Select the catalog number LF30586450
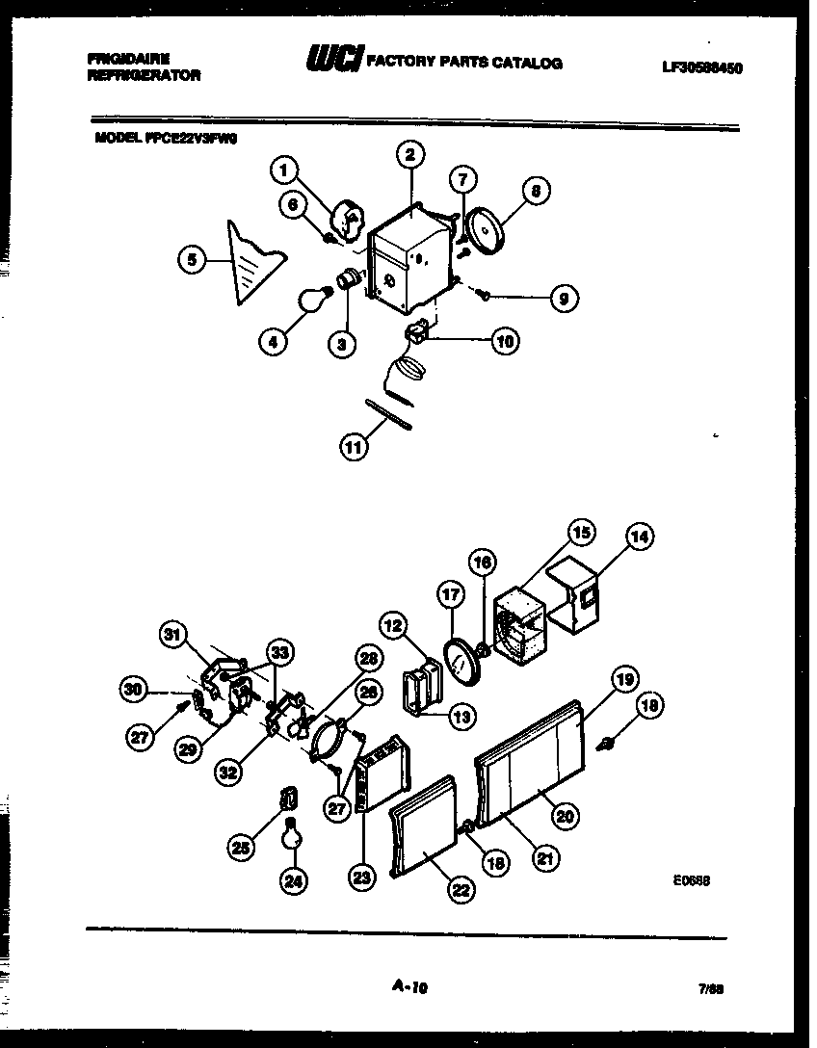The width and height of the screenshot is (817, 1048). click(701, 67)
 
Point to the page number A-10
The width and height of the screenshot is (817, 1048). click(409, 985)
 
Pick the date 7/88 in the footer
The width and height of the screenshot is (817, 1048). click(712, 988)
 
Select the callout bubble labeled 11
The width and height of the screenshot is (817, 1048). click(355, 445)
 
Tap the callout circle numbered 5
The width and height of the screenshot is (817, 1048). click(193, 258)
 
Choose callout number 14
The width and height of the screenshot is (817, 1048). click(638, 537)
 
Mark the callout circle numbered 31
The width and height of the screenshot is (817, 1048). click(172, 634)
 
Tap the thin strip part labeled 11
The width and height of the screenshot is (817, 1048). click(389, 411)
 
